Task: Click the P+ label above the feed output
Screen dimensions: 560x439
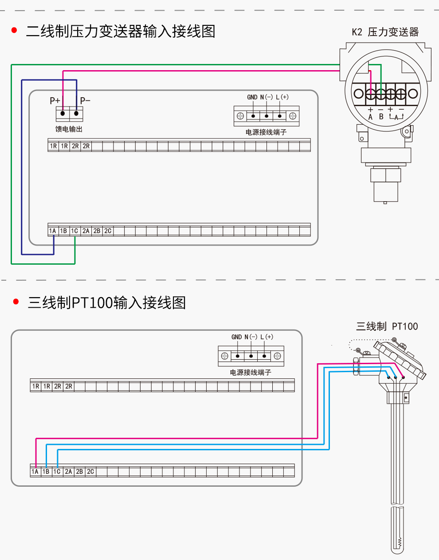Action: point(55,101)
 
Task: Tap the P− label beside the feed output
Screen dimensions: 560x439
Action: point(85,101)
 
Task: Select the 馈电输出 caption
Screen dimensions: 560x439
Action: point(69,129)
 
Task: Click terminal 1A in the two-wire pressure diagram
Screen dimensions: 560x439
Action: point(53,231)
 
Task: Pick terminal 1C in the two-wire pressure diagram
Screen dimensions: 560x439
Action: point(74,231)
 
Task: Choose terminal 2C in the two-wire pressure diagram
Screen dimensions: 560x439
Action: point(108,231)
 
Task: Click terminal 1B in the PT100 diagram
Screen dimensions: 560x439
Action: point(46,472)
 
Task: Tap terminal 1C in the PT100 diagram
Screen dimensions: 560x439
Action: point(57,472)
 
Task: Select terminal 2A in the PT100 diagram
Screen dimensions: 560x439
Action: point(68,472)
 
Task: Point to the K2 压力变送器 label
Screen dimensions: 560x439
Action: point(385,32)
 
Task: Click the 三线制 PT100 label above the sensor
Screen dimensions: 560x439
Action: point(387,326)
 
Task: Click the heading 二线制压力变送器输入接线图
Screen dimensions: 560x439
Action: point(121,31)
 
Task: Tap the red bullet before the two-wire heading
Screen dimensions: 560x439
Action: point(15,30)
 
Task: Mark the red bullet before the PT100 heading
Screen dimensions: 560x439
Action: point(16,302)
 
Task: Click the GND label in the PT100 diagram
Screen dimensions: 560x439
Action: point(236,337)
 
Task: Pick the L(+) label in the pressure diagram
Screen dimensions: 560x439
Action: point(282,97)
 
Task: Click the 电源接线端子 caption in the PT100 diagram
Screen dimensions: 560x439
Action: point(250,372)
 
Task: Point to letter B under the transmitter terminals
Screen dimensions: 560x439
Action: point(381,117)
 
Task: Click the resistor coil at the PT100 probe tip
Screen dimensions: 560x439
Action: point(400,542)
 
